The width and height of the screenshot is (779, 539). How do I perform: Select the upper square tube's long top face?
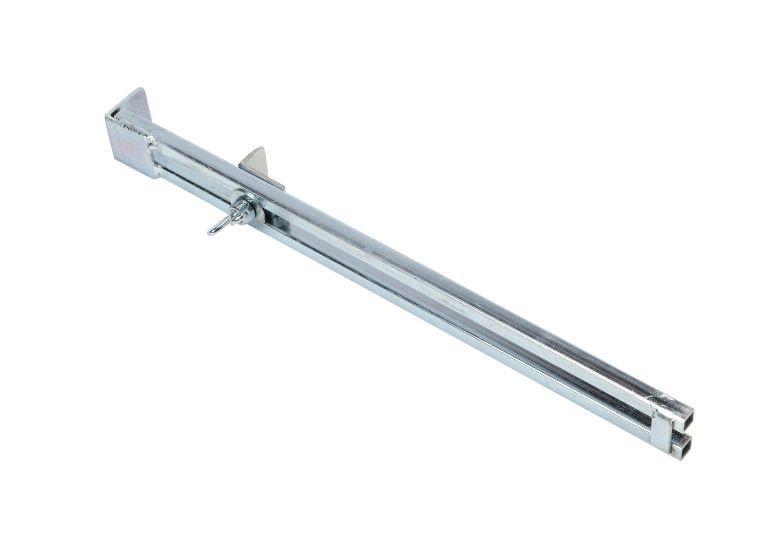tap(431, 270)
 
